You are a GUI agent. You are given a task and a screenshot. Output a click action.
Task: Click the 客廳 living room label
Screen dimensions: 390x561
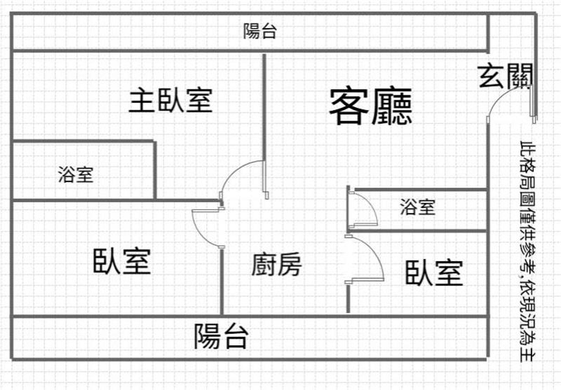pos(370,106)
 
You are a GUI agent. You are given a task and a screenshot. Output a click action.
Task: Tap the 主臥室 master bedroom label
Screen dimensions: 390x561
pos(170,101)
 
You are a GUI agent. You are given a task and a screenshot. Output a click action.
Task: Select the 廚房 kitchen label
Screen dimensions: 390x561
pos(277,265)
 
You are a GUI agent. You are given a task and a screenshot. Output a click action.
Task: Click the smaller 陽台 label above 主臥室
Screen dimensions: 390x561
pos(259,32)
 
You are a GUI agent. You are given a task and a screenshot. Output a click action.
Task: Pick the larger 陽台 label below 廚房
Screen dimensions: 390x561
pos(222,337)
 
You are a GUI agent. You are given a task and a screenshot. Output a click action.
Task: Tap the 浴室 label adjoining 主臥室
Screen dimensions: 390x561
pos(76,174)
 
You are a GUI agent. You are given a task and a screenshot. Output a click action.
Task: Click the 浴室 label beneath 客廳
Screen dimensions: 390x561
pos(418,207)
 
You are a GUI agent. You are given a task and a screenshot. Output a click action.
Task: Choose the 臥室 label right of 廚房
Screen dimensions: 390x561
pos(434,272)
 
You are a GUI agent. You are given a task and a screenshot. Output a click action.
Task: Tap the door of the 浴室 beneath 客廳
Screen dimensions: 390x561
pos(363,209)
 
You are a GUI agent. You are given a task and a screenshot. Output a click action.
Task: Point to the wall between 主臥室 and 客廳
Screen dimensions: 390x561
pos(264,105)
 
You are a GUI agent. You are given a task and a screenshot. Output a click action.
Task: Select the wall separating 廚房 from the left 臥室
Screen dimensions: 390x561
pos(222,280)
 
